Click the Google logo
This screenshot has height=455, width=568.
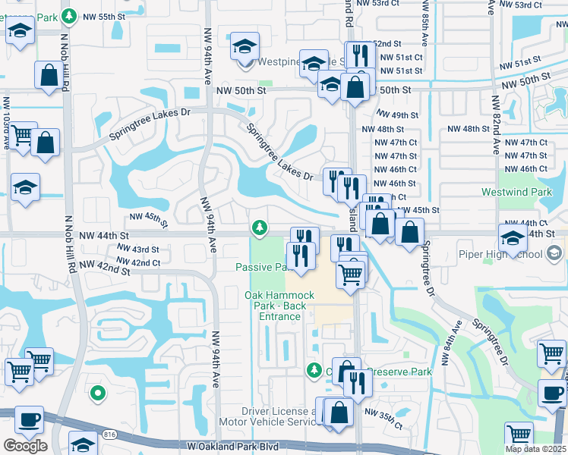coord(24,446)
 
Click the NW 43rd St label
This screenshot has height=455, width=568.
coord(137,249)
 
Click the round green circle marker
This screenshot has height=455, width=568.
coord(97,393)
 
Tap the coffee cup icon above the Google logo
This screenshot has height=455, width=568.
coord(30,419)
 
